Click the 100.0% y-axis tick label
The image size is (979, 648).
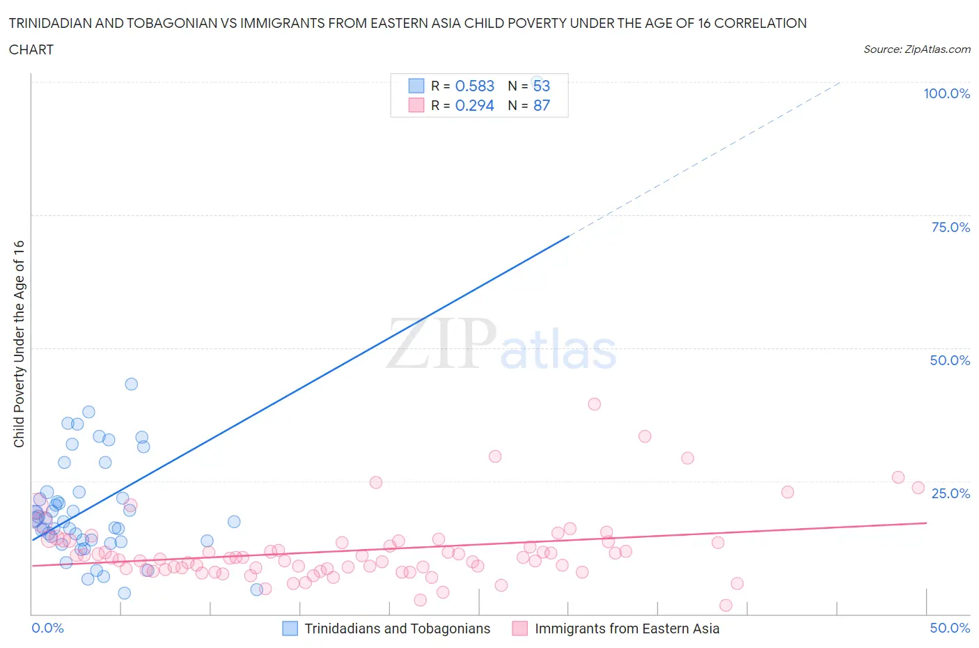[946, 94]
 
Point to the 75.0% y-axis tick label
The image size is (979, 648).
[950, 227]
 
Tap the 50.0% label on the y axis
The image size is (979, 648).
[950, 360]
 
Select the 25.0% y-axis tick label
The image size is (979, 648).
[950, 493]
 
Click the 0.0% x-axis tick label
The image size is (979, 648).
[47, 628]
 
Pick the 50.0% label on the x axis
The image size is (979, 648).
[950, 628]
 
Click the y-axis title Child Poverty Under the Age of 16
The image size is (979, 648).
[19, 344]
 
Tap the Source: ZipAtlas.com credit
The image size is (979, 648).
[916, 49]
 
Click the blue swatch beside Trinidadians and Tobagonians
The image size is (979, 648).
[290, 628]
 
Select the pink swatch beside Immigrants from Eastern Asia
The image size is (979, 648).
[519, 628]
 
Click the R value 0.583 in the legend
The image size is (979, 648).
[474, 86]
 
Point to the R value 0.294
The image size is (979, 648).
[474, 105]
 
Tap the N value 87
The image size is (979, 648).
[541, 105]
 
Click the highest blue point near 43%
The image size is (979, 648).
[131, 384]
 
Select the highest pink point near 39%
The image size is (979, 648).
[594, 404]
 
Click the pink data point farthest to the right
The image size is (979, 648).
[918, 488]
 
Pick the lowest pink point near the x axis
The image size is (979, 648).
[726, 605]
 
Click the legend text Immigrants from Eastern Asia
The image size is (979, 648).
[627, 628]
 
